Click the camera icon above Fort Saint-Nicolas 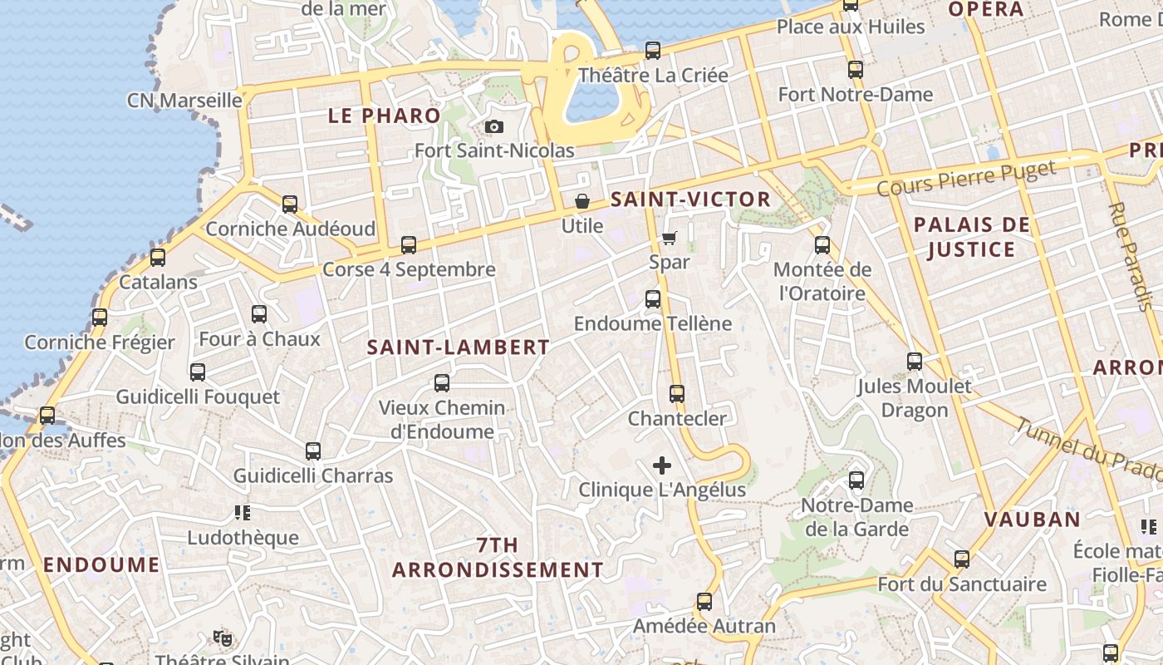(494, 126)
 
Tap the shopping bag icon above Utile (582, 201)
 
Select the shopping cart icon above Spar (670, 238)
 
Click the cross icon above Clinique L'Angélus (662, 465)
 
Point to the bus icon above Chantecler (677, 394)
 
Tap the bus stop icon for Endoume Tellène (653, 299)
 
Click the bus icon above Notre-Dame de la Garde (856, 480)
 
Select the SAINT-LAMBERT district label (459, 347)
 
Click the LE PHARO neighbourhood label (384, 116)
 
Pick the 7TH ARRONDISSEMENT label (498, 558)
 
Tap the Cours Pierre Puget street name (966, 177)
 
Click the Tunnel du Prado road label (1088, 448)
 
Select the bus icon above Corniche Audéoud (290, 204)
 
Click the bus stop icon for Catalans (158, 258)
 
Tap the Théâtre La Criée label (653, 75)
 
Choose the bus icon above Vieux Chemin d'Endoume (442, 383)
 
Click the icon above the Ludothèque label (243, 513)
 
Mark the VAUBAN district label (1033, 520)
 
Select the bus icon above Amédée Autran (704, 602)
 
